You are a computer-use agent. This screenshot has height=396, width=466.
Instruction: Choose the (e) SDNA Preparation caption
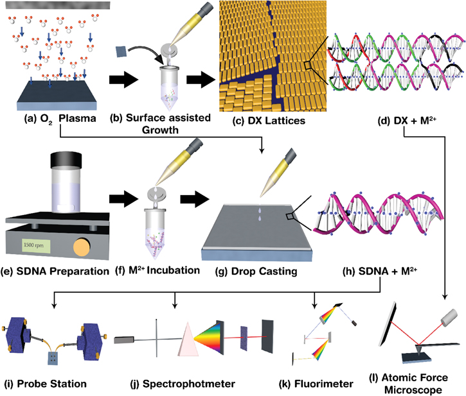click(57, 271)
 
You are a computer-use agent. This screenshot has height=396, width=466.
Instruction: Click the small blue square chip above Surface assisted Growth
click(120, 49)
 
